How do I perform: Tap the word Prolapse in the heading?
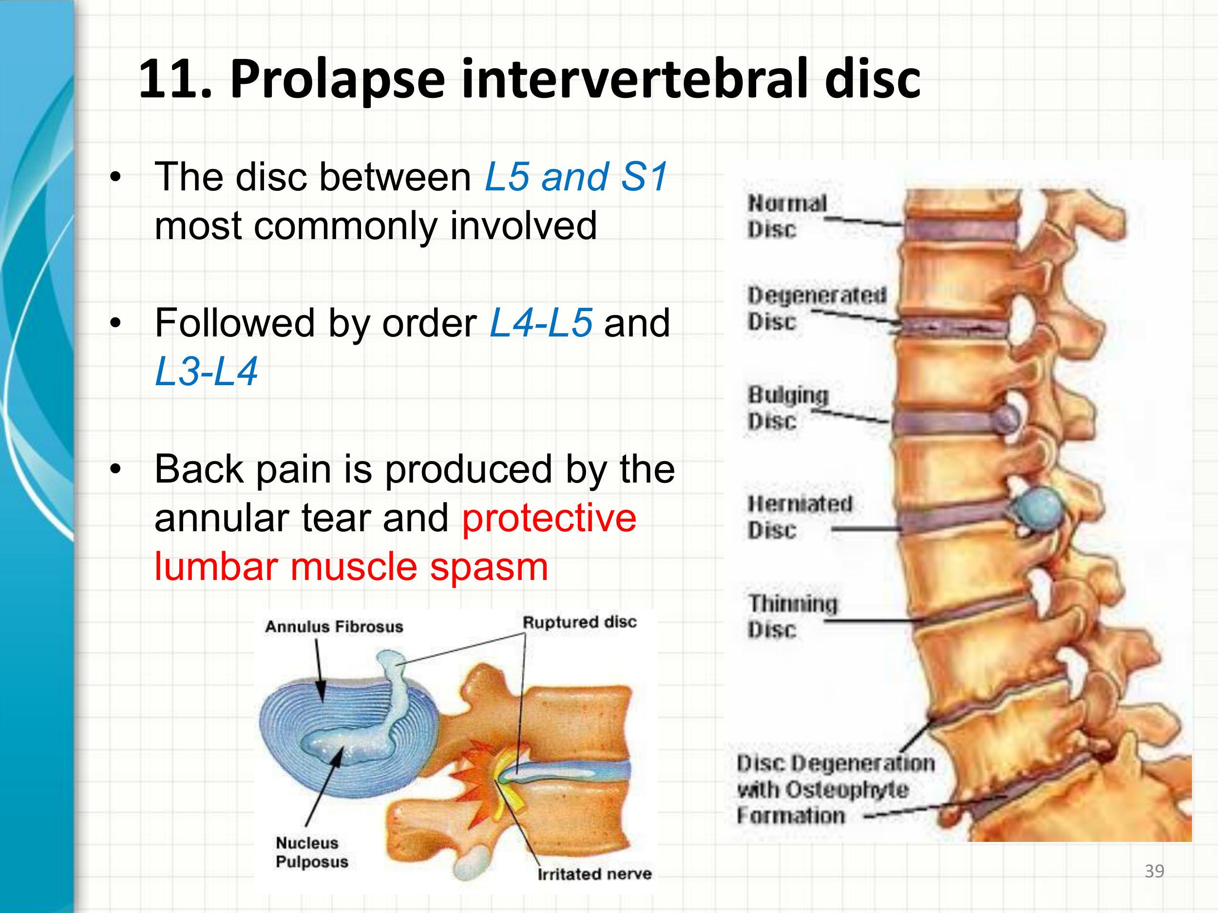tap(337, 80)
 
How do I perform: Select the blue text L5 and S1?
tap(575, 177)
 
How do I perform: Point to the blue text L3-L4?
tap(206, 372)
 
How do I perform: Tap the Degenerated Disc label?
tap(816, 308)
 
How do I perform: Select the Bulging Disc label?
tap(787, 408)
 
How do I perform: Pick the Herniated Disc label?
tap(799, 517)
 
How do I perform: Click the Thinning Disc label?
tap(791, 616)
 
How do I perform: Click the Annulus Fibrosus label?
tap(334, 626)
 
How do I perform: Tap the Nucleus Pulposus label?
tap(311, 852)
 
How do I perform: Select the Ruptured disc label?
tap(579, 622)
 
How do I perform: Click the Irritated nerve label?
tap(594, 874)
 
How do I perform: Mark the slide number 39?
tap(1154, 871)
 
